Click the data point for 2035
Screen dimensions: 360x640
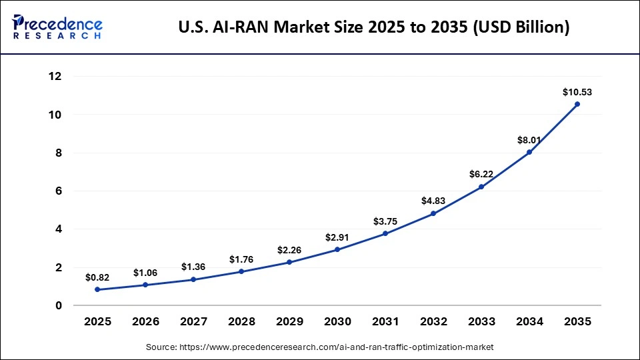click(x=577, y=104)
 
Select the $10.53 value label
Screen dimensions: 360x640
click(x=577, y=92)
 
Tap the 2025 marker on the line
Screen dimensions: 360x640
click(x=98, y=289)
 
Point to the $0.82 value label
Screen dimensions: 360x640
click(x=98, y=277)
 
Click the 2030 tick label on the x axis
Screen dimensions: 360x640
click(x=337, y=322)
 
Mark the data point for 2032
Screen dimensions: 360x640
click(x=433, y=213)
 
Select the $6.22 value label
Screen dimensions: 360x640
click(x=481, y=174)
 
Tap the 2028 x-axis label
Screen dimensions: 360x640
click(x=241, y=322)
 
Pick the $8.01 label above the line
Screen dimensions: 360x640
click(x=529, y=140)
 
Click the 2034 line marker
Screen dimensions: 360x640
click(x=529, y=152)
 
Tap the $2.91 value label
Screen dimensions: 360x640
click(x=337, y=237)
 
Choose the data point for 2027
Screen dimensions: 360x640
click(x=193, y=279)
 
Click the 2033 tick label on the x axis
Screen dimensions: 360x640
click(x=481, y=322)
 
